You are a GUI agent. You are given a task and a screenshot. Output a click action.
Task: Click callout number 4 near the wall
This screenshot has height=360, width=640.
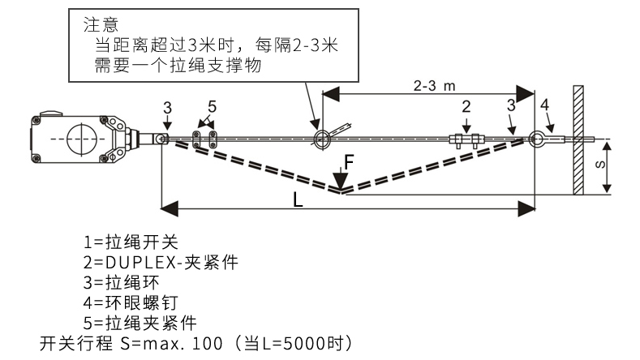[x=544, y=105]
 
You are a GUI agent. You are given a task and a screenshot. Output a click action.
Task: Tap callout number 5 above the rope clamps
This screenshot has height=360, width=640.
[x=212, y=106]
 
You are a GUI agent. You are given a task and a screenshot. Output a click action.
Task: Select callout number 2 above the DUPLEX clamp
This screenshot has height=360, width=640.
[x=466, y=106]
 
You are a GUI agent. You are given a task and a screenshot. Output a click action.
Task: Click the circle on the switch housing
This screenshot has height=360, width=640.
[x=79, y=138]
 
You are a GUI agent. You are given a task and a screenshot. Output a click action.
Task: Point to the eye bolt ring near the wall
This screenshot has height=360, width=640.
[x=537, y=139]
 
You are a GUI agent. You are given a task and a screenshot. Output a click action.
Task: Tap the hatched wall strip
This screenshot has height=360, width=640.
[x=578, y=139]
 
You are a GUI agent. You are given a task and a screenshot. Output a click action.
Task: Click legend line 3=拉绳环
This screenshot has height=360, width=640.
[x=120, y=282]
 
